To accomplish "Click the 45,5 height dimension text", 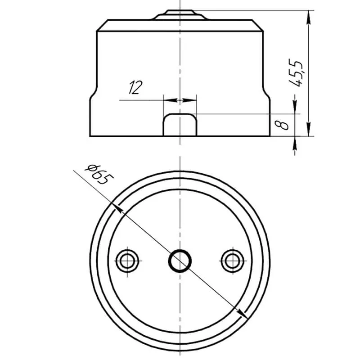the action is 296,73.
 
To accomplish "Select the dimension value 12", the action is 135,87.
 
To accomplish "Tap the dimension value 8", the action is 282,125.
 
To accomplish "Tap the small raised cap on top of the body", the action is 180,15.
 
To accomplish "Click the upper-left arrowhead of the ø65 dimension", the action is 118,207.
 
